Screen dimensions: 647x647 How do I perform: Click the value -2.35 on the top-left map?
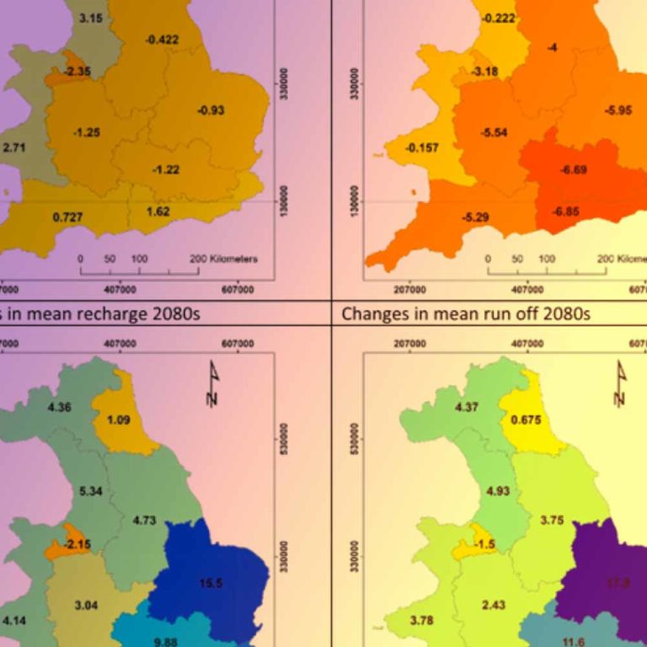tap(80, 72)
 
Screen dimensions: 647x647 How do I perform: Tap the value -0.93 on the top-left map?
tap(211, 110)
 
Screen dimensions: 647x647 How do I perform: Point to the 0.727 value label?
tap(67, 217)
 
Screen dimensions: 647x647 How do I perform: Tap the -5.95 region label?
tap(618, 110)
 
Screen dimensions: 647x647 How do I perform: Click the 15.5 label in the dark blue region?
tap(212, 583)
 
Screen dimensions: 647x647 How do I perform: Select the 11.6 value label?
tap(574, 642)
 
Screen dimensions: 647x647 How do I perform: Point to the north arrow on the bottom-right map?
tap(621, 384)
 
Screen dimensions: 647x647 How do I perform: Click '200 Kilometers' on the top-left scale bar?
tap(223, 259)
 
